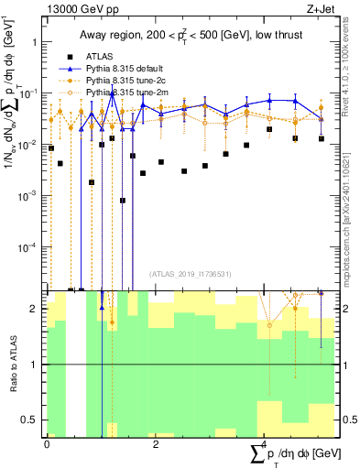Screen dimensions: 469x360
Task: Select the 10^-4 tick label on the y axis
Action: [x=32, y=247]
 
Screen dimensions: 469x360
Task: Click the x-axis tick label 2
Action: [x=156, y=443]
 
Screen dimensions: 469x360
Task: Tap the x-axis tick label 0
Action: [x=47, y=443]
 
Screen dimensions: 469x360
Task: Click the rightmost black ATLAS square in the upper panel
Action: [x=321, y=138]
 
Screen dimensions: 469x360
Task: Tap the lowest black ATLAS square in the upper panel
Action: [x=123, y=200]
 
